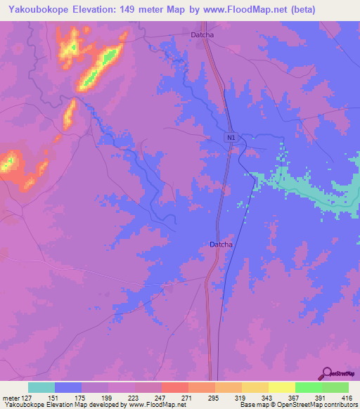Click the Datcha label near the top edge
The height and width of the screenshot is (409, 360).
point(202,34)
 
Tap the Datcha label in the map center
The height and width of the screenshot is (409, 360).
point(221,245)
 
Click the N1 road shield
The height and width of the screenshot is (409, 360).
point(231,138)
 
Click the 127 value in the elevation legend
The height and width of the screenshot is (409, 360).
point(28,396)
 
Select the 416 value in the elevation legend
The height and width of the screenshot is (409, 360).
point(347,396)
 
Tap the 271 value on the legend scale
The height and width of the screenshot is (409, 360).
point(188,396)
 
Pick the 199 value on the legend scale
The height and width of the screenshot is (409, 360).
point(108,396)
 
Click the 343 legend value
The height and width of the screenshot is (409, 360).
point(268,396)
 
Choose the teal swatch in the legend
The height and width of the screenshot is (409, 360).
point(41,387)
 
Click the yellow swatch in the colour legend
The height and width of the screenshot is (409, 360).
point(281,387)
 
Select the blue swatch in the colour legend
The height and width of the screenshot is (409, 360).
point(68,387)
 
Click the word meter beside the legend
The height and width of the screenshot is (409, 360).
point(10,396)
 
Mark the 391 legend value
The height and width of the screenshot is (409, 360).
point(321,396)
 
